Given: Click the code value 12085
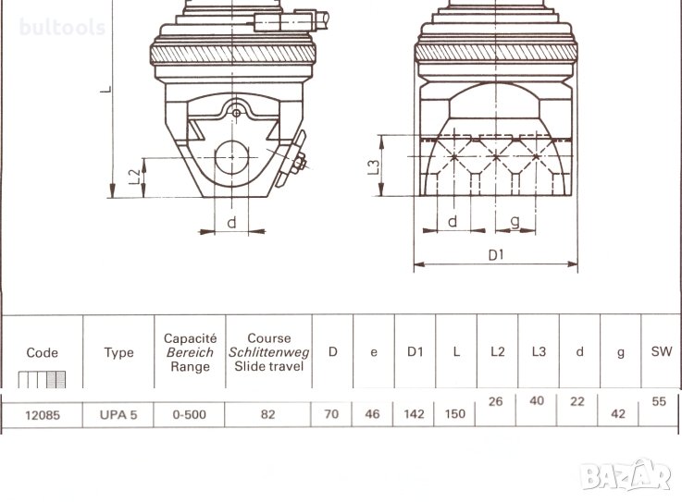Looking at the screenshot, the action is point(43,415).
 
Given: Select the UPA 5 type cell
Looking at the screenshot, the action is point(118,415).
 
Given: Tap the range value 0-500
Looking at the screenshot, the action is point(189,415).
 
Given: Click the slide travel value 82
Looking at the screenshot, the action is point(268,414).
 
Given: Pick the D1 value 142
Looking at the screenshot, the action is point(414,414).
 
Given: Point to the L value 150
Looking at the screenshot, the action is point(455,414).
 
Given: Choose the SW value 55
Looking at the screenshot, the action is point(659,401).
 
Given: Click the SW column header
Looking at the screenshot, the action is point(662,351).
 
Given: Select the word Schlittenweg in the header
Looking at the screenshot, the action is point(268,352).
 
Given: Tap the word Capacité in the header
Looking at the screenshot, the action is point(190,338).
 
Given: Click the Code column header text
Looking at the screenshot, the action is point(43,352).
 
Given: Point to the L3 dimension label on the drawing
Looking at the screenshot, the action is point(375,167).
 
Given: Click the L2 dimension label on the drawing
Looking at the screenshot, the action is point(136,176).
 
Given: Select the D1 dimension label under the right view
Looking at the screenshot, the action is point(496,255).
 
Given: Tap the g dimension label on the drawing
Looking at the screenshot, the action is point(515,222).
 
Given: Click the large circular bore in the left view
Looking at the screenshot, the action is point(232,157).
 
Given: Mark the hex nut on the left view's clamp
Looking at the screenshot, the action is point(299,162).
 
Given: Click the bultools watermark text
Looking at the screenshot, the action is point(62,28).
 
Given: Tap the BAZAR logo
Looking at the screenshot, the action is point(626,474).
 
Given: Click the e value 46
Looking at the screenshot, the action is point(372,414).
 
